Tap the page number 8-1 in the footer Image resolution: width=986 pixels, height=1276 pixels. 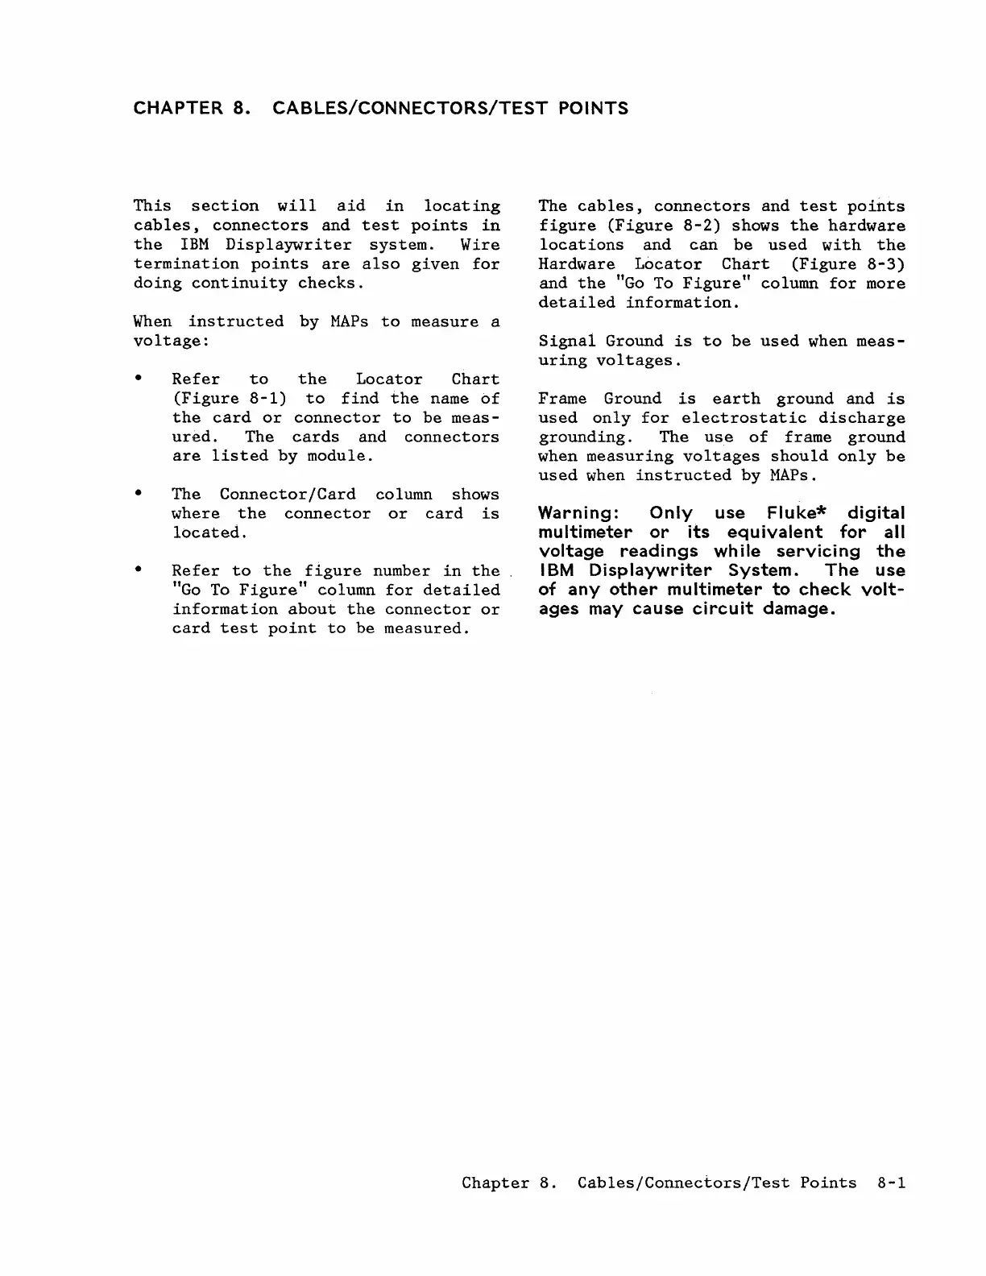889,1183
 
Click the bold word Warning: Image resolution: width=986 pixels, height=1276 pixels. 578,513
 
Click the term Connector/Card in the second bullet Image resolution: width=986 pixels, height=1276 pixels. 288,494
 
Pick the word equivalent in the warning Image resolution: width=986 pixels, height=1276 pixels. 774,532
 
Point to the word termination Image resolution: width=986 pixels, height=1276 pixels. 186,264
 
